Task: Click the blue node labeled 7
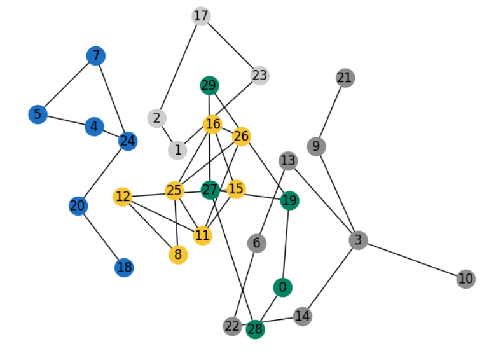click(x=96, y=56)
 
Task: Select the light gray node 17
click(x=201, y=16)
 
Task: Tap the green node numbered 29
click(x=209, y=85)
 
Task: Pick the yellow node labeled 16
click(x=212, y=124)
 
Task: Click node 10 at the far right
click(x=465, y=279)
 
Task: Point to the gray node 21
click(x=345, y=78)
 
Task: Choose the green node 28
click(x=255, y=329)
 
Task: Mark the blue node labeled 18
click(x=125, y=268)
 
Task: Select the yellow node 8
click(x=178, y=255)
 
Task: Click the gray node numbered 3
click(x=359, y=240)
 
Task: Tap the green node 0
click(x=282, y=287)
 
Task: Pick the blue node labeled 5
click(x=38, y=114)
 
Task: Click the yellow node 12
click(x=123, y=197)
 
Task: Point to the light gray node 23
click(x=259, y=76)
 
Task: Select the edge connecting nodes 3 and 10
click(x=412, y=260)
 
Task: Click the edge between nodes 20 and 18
click(x=101, y=237)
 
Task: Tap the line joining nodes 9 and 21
click(x=331, y=112)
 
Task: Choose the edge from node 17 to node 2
click(x=179, y=67)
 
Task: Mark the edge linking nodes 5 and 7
click(x=67, y=85)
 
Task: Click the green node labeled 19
click(x=289, y=201)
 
